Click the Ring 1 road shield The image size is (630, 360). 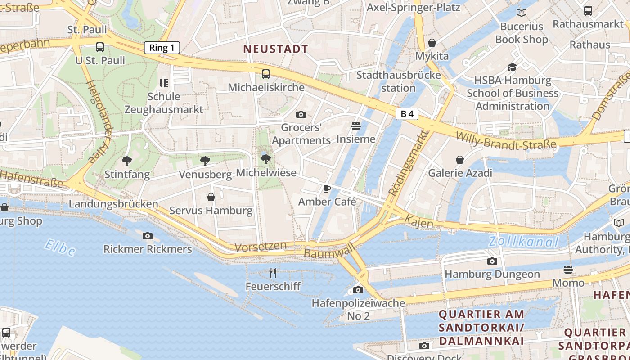(162, 48)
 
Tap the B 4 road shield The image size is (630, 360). (407, 114)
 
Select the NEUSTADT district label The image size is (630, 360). (276, 49)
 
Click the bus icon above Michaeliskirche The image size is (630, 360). (266, 74)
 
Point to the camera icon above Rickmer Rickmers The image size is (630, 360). (148, 236)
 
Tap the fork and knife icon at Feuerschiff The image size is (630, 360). (273, 273)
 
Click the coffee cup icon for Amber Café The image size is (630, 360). (327, 189)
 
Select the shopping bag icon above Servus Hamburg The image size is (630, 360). (211, 197)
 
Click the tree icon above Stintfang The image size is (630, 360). (127, 161)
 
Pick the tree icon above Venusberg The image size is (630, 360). (205, 161)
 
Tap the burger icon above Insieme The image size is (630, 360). (356, 126)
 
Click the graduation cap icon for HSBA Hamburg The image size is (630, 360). (512, 67)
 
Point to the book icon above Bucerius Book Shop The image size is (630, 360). (522, 13)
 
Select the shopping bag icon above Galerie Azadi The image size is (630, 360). (460, 160)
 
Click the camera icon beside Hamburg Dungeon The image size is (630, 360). (492, 261)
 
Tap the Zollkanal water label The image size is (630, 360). (524, 242)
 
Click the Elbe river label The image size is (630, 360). (60, 247)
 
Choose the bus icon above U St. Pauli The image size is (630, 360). (100, 47)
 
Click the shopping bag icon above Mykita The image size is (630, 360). (432, 43)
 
